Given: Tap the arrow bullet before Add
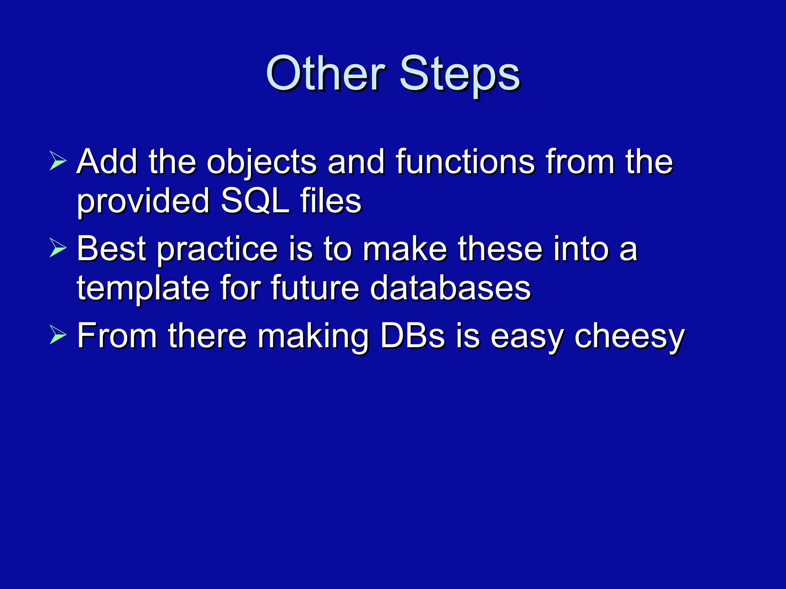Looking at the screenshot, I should (x=58, y=161).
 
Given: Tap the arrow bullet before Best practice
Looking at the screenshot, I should (x=58, y=248).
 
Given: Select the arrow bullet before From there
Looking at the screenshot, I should (x=58, y=335).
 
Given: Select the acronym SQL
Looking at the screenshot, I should (x=254, y=201).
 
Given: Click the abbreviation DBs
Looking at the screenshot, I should (x=413, y=336).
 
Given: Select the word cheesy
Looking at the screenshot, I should (x=629, y=337).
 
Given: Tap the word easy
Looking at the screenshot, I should (x=527, y=337).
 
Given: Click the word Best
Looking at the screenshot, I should (x=111, y=249).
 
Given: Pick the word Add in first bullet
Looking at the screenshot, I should (x=107, y=162).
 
